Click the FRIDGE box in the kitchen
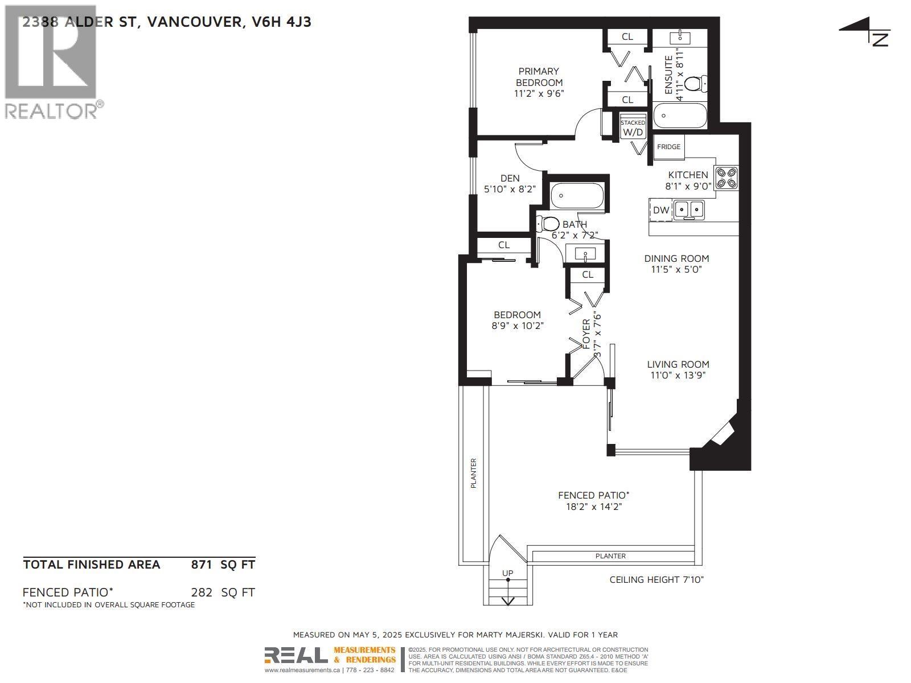click(x=668, y=147)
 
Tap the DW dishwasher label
click(x=661, y=210)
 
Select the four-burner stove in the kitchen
click(x=727, y=177)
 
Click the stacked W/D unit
click(x=633, y=129)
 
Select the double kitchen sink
click(x=689, y=210)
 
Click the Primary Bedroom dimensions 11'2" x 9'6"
click(x=539, y=94)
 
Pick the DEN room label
click(x=510, y=178)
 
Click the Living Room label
click(x=678, y=364)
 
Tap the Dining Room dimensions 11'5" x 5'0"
click(x=676, y=269)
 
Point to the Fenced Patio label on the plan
click(x=593, y=495)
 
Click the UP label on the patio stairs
click(x=507, y=573)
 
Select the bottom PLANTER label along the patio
click(x=610, y=556)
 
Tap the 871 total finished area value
click(x=202, y=565)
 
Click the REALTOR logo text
click(x=51, y=110)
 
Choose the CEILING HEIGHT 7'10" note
click(x=656, y=579)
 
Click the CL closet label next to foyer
click(x=588, y=274)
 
